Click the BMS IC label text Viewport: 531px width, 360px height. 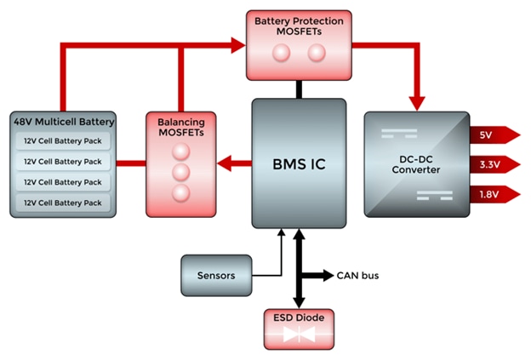299,163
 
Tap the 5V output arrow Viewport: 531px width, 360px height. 494,134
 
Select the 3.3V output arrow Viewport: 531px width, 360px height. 494,164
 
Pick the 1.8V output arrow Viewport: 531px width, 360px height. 494,194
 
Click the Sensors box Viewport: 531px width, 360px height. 215,276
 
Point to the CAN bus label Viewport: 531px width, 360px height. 358,275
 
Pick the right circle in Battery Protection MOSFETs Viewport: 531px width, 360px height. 316,54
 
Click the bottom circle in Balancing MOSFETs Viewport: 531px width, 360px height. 180,193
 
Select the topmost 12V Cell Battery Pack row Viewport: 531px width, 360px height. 62,140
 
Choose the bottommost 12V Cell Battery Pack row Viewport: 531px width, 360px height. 62,203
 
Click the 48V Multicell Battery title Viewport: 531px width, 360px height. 62,122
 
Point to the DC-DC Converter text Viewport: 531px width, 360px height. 415,163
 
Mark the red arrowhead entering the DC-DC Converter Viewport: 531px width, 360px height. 416,101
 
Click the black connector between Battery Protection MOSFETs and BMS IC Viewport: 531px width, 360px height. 299,89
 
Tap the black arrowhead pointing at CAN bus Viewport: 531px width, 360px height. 328,275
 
